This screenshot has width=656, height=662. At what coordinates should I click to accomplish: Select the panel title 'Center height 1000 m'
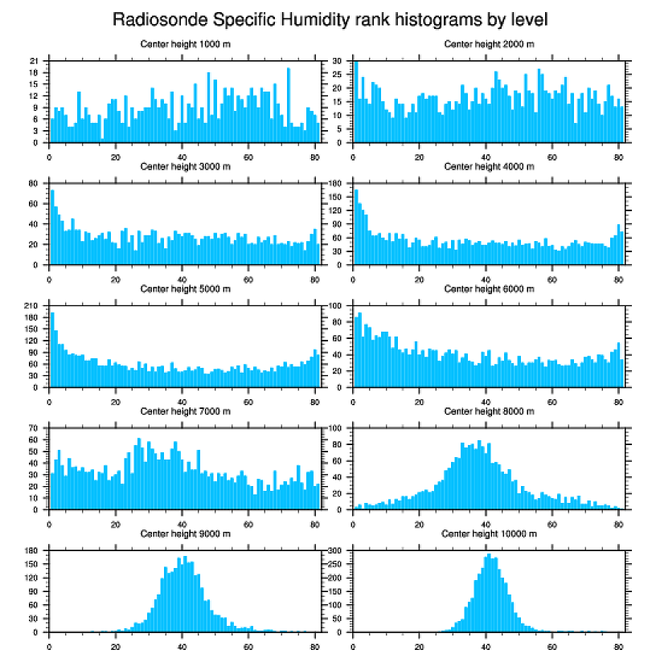[185, 43]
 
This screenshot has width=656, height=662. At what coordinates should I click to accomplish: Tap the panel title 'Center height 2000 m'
[488, 43]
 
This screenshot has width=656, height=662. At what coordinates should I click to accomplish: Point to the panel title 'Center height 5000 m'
[185, 288]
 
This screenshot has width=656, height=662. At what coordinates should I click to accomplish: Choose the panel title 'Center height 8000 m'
[488, 411]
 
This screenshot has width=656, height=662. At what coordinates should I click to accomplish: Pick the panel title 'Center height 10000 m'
[488, 533]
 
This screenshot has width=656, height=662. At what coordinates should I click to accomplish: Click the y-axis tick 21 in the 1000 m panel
[35, 61]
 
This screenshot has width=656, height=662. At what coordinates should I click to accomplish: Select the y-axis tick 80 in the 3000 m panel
[35, 184]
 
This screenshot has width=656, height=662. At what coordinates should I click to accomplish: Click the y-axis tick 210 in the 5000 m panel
[33, 306]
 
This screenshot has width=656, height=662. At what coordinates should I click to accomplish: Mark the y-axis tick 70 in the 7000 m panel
[35, 429]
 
